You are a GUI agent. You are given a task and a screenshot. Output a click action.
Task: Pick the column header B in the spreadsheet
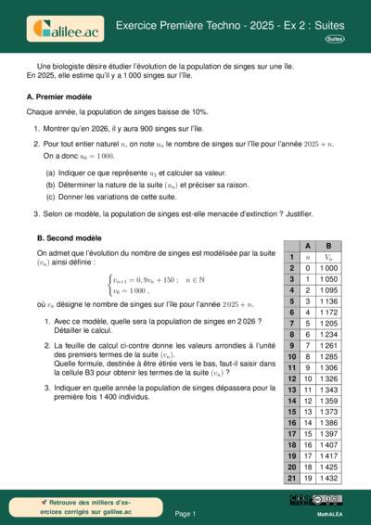click(328, 245)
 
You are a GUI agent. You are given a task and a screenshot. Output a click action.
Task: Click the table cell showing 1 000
click(328, 267)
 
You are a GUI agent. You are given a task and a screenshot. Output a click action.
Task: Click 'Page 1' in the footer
click(185, 512)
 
